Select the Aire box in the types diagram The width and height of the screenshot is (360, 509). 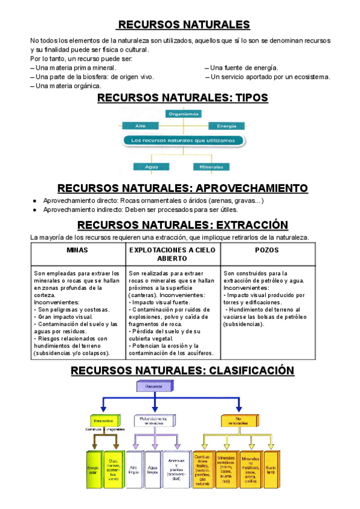(141, 126)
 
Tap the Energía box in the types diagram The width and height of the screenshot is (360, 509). (226, 126)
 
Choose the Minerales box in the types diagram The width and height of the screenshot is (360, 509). (207, 166)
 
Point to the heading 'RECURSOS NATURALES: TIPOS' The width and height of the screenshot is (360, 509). (182, 98)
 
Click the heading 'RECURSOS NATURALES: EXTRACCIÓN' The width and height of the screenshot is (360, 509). (182, 225)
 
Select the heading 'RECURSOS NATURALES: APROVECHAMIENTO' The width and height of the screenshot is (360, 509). (182, 188)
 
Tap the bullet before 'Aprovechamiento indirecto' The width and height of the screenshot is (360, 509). (35, 210)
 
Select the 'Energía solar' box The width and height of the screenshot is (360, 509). (93, 468)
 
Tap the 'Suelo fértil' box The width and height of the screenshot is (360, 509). (271, 468)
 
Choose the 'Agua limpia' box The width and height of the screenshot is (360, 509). (152, 468)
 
